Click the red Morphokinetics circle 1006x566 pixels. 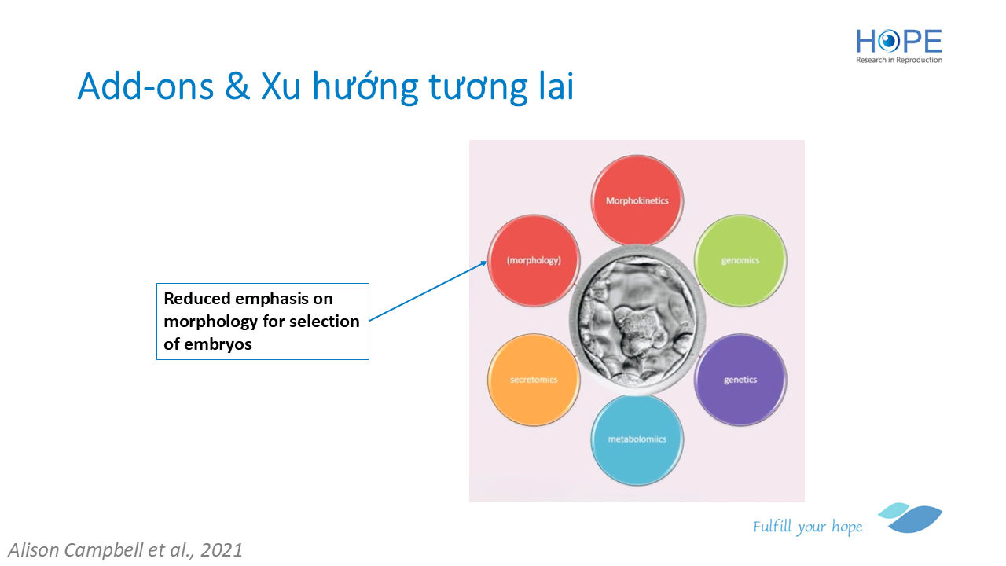click(637, 200)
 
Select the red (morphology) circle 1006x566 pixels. click(534, 260)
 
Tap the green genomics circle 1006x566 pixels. click(740, 260)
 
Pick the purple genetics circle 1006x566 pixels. click(740, 380)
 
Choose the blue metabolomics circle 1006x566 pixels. click(637, 439)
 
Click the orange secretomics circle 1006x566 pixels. click(534, 380)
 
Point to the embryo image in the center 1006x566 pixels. click(637, 320)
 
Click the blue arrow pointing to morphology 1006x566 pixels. click(428, 291)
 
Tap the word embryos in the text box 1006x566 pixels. click(218, 344)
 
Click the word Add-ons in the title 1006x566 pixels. click(145, 86)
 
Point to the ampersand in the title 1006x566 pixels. click(237, 86)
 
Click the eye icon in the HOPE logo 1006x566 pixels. click(889, 42)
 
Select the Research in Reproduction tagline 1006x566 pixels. click(898, 60)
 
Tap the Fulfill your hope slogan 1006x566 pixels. click(807, 527)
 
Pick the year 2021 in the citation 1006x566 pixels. click(222, 550)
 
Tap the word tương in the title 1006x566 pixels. click(479, 87)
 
